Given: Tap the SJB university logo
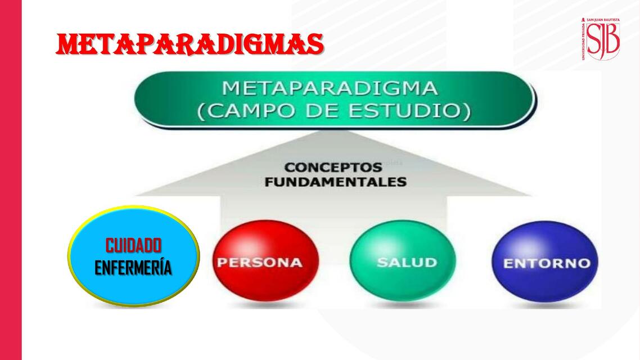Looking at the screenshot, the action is (x=601, y=39).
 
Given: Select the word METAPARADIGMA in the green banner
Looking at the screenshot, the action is (x=330, y=88).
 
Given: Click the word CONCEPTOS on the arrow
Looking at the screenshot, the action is (x=333, y=168).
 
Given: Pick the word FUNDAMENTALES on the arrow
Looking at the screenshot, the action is (x=336, y=182).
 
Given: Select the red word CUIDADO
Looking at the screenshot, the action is (x=133, y=245).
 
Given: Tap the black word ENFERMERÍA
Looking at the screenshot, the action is (x=133, y=268).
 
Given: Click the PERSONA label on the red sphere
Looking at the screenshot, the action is (x=260, y=263).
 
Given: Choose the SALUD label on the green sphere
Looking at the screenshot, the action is (x=407, y=263).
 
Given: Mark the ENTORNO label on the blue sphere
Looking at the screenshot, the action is (x=547, y=263).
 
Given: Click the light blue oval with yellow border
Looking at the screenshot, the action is (x=133, y=256).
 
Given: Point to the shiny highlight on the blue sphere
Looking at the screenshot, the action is (x=526, y=245).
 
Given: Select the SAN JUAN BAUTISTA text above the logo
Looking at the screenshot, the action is (x=603, y=20).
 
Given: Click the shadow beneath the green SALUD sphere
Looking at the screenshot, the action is (x=404, y=304).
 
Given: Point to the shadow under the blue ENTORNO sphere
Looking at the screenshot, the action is (x=546, y=305).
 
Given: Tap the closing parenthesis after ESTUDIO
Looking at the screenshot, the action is (x=468, y=111).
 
